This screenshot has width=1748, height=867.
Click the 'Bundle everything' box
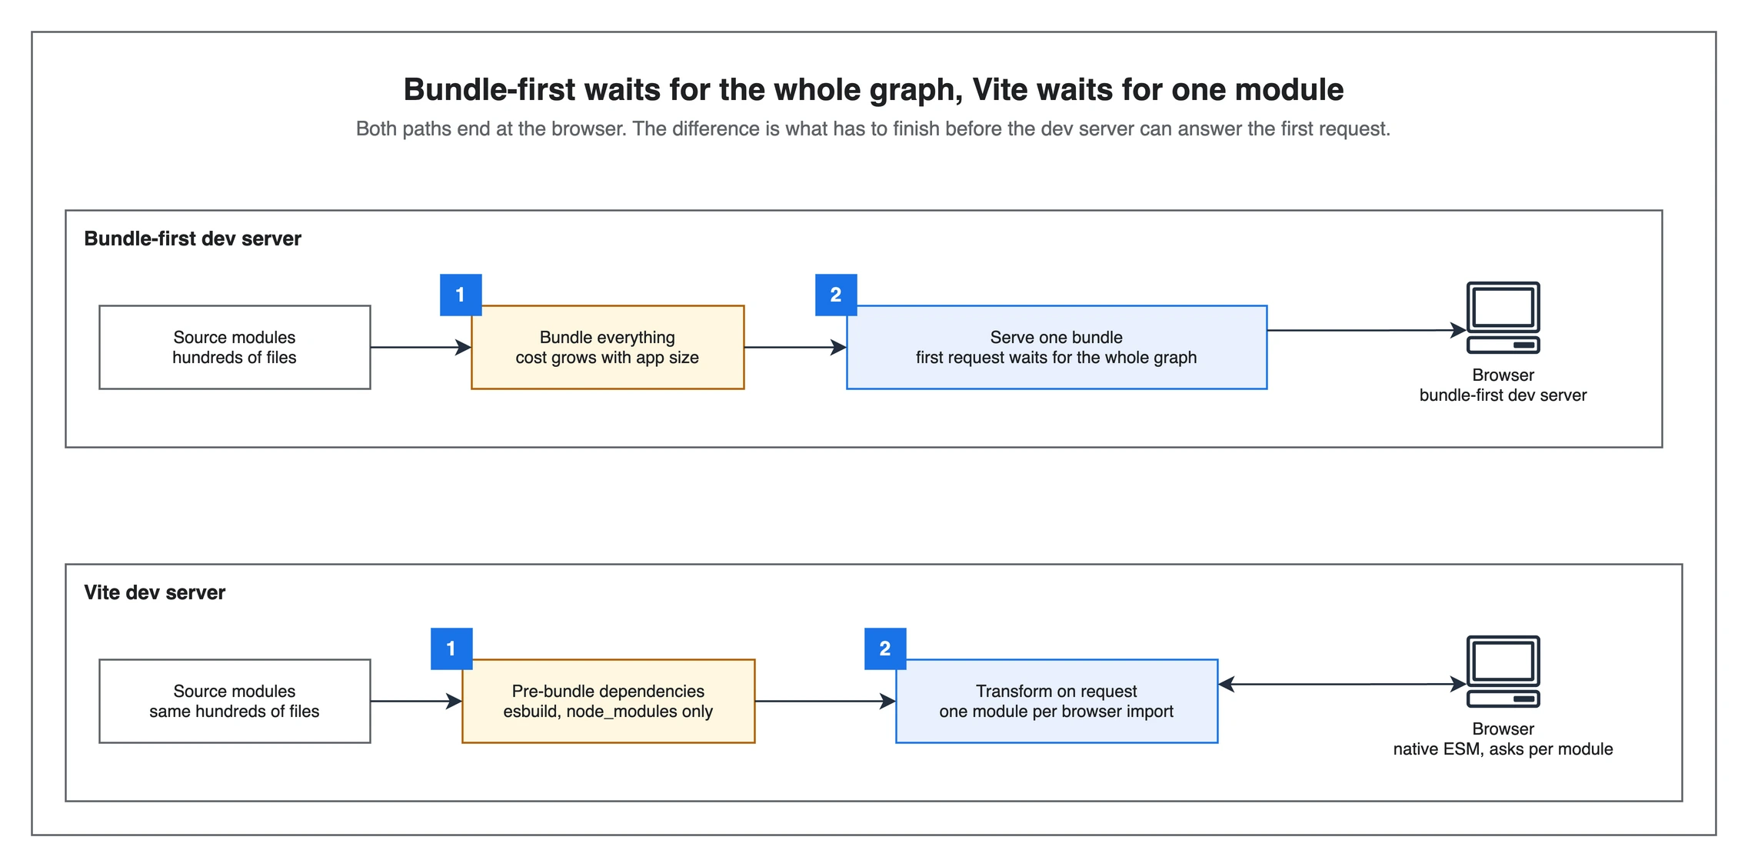608,347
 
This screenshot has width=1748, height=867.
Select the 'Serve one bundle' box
1057,347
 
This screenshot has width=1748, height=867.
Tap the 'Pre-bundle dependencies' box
608,701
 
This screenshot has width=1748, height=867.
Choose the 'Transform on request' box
1057,701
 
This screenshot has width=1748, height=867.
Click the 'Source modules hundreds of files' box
235,347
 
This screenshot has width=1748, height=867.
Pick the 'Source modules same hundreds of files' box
235,701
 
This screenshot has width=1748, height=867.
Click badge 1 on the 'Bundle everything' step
461,295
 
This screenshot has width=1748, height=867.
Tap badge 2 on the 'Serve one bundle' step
836,295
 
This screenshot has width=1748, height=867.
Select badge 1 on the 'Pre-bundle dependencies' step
451,649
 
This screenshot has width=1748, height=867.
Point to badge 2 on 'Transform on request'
885,649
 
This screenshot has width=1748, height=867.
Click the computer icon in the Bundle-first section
1503,318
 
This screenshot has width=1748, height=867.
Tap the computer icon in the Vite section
1503,672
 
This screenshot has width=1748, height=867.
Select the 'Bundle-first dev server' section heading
192,238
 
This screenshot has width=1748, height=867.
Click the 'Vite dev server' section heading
155,592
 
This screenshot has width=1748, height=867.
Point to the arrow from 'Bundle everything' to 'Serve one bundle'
795,347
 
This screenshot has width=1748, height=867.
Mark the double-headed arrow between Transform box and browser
1343,684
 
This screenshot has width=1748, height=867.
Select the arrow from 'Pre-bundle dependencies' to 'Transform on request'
825,701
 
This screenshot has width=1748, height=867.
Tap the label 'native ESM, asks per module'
1503,749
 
